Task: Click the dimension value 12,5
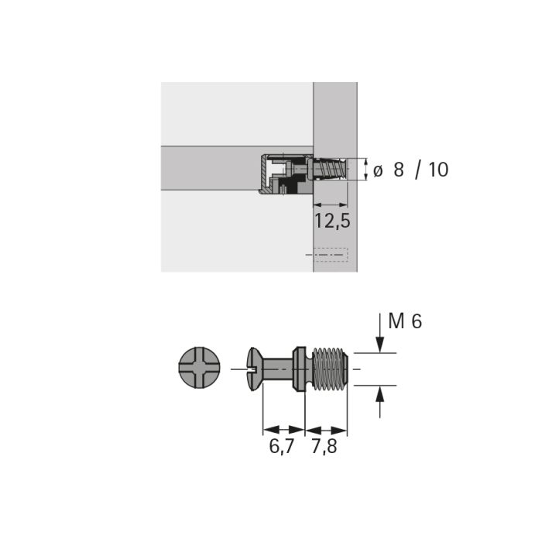[332, 221]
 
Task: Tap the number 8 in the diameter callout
[399, 170]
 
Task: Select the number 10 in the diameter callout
[438, 170]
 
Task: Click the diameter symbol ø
[378, 171]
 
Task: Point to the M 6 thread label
[405, 321]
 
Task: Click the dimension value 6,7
[281, 446]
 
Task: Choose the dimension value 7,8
[324, 446]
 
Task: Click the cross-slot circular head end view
[200, 367]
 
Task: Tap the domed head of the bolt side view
[254, 369]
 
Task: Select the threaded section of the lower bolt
[330, 369]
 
